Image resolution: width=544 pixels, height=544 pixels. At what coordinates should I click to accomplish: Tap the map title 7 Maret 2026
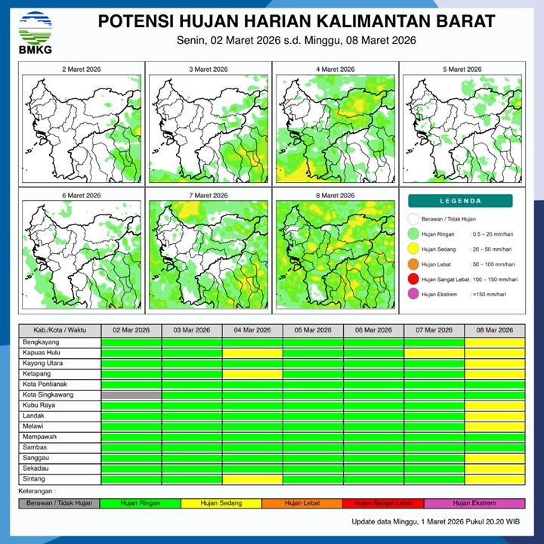[x=209, y=196]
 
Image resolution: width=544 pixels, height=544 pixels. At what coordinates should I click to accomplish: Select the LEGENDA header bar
[x=460, y=201]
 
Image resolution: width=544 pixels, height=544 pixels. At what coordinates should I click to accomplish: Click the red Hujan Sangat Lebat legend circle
[x=413, y=280]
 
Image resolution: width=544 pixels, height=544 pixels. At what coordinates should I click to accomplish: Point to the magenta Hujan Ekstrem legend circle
[x=413, y=295]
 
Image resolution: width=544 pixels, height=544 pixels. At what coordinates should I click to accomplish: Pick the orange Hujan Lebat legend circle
[x=413, y=264]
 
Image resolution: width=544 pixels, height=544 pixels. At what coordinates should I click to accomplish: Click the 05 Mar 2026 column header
[x=313, y=330]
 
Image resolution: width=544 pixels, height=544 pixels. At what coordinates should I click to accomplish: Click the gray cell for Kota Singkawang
[x=131, y=395]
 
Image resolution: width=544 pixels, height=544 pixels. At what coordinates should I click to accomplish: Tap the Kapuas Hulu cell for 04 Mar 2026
[x=252, y=353]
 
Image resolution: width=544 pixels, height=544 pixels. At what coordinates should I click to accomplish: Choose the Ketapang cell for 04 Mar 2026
[x=252, y=374]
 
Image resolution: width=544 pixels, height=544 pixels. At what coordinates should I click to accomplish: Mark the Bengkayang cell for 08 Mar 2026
[x=494, y=342]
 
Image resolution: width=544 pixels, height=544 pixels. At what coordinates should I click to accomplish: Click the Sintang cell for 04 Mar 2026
[x=252, y=479]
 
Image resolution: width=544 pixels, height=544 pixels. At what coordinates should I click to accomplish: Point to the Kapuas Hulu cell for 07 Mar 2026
[x=434, y=353]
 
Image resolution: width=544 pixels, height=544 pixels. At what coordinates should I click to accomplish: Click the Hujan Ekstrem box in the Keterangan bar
[x=474, y=503]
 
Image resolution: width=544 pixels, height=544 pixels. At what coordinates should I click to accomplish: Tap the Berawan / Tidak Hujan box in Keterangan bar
[x=59, y=503]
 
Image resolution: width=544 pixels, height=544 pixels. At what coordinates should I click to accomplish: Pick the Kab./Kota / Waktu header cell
[x=59, y=330]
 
